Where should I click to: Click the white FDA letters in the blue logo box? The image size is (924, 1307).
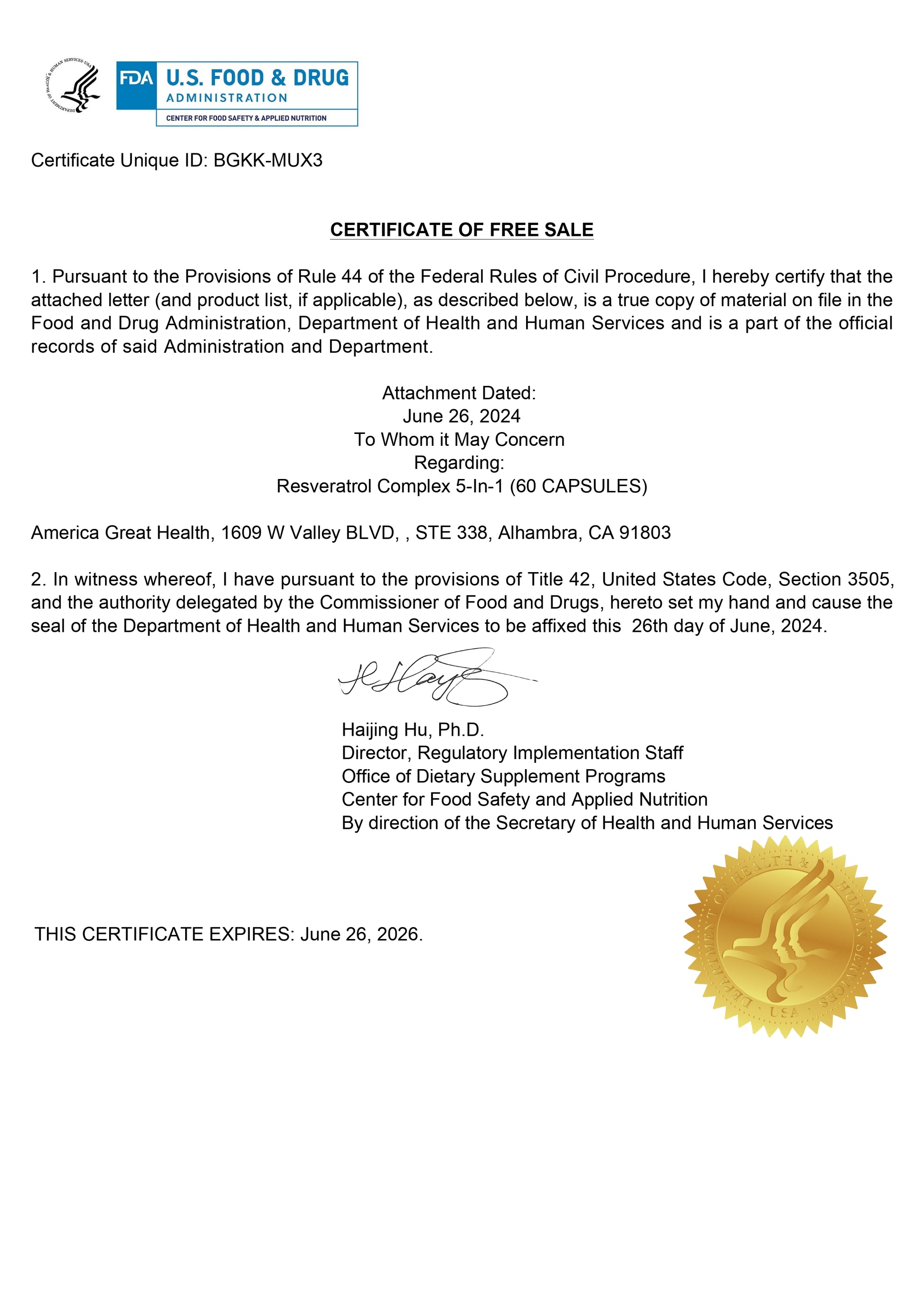pos(136,78)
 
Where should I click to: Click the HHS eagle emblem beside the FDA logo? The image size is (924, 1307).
pos(72,85)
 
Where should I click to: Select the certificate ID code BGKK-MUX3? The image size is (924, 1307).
pos(268,160)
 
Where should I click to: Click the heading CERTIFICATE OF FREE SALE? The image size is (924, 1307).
pos(462,229)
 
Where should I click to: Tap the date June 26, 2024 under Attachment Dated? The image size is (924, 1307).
pos(461,416)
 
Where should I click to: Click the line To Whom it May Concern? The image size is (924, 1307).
pos(459,440)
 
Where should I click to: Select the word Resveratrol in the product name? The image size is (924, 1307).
pos(324,486)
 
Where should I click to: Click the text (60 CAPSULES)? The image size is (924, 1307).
pos(578,486)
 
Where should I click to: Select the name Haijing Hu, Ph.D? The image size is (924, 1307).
pos(412,730)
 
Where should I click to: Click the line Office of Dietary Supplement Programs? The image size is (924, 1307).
pos(503,776)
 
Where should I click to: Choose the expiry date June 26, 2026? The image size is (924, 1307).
pos(361,934)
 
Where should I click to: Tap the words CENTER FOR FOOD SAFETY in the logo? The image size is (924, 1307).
pos(209,118)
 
